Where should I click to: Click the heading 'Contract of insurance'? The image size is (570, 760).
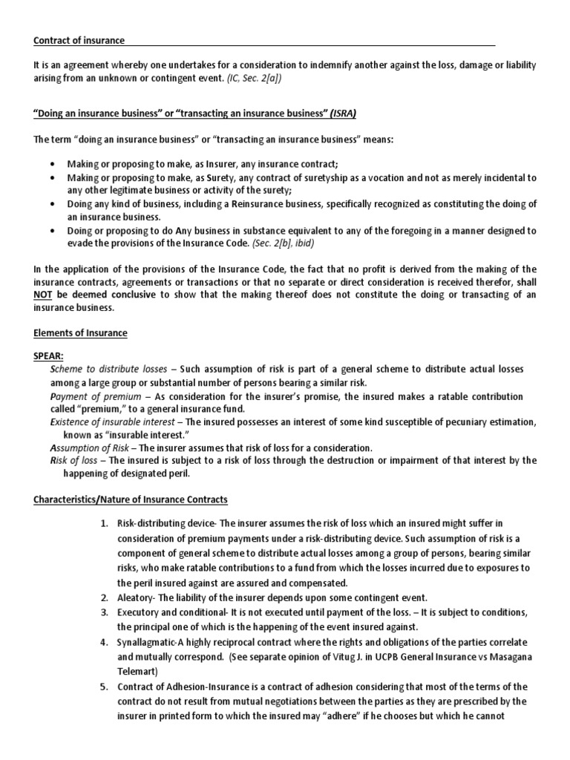[79, 40]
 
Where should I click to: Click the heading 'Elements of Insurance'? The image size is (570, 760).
[80, 333]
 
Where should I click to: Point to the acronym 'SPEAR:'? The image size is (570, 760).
[50, 357]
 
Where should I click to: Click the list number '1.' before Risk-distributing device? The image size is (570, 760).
[105, 524]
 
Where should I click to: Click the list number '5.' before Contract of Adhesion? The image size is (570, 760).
[105, 687]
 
